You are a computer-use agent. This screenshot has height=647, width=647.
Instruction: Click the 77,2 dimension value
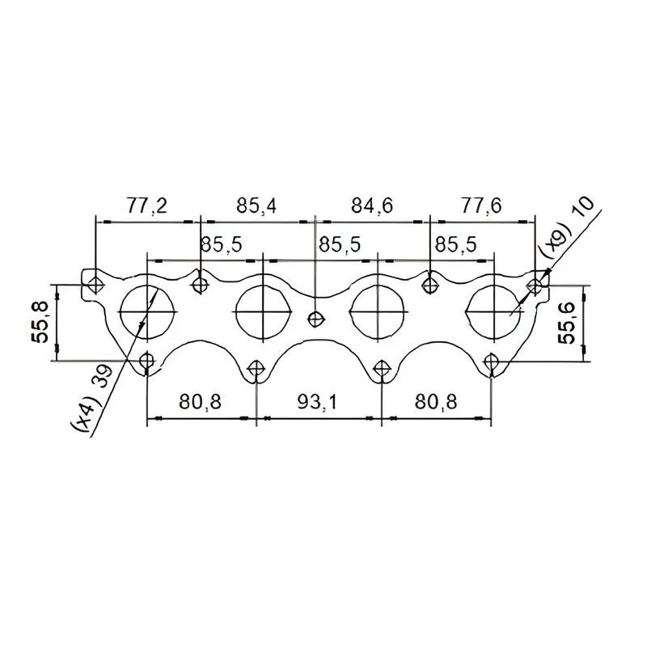146,205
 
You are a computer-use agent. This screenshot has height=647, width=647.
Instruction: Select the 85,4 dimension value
256,205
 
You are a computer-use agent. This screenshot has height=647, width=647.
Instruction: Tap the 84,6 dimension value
372,205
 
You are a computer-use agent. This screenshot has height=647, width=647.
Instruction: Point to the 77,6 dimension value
481,205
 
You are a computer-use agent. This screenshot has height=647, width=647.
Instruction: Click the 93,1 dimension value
317,401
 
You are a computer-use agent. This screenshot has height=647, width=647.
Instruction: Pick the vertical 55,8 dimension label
40,322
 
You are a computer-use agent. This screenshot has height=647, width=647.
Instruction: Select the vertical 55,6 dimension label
567,323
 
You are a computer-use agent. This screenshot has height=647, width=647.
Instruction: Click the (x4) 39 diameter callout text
93,396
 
